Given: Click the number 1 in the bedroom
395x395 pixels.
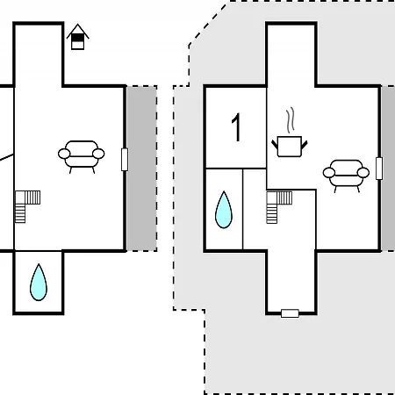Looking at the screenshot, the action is [x=236, y=127].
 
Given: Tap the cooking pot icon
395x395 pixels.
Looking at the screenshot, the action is [x=290, y=147].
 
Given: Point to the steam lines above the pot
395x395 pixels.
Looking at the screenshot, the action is [x=290, y=120].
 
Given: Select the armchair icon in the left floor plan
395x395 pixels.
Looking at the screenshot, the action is [x=82, y=157].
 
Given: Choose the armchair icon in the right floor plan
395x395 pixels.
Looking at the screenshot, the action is [x=346, y=176].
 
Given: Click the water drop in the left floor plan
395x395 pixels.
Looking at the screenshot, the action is [x=39, y=283].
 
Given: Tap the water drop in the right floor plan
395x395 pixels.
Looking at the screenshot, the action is [x=224, y=210].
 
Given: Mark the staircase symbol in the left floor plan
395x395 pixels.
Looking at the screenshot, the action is [x=27, y=206].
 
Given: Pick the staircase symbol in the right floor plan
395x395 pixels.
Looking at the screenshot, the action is [x=279, y=207].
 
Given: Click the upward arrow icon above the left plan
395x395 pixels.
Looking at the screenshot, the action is [x=77, y=37].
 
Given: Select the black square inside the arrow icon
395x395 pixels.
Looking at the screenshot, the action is [x=77, y=38].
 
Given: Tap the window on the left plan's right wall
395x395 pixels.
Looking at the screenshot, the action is [x=125, y=160].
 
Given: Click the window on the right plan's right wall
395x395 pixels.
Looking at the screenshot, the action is [x=379, y=169].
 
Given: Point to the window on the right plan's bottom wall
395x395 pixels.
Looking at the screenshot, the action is [x=290, y=313].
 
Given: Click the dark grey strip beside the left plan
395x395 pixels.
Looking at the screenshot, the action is [x=142, y=169].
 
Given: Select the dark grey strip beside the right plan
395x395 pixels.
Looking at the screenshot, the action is [x=389, y=169].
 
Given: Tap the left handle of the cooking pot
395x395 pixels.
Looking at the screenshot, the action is [x=275, y=145].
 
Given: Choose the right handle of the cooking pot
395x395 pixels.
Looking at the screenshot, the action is [x=305, y=145].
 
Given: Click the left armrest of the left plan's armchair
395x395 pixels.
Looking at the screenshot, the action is [x=64, y=154].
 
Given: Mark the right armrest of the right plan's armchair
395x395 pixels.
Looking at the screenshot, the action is [x=363, y=173].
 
